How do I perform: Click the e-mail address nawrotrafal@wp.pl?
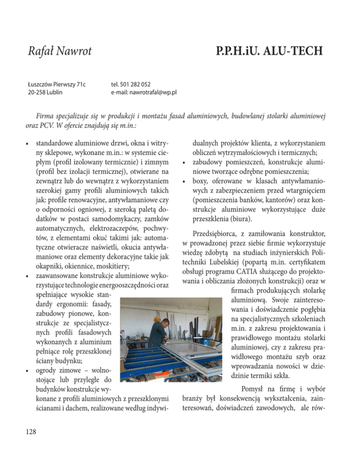tap(151, 92)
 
